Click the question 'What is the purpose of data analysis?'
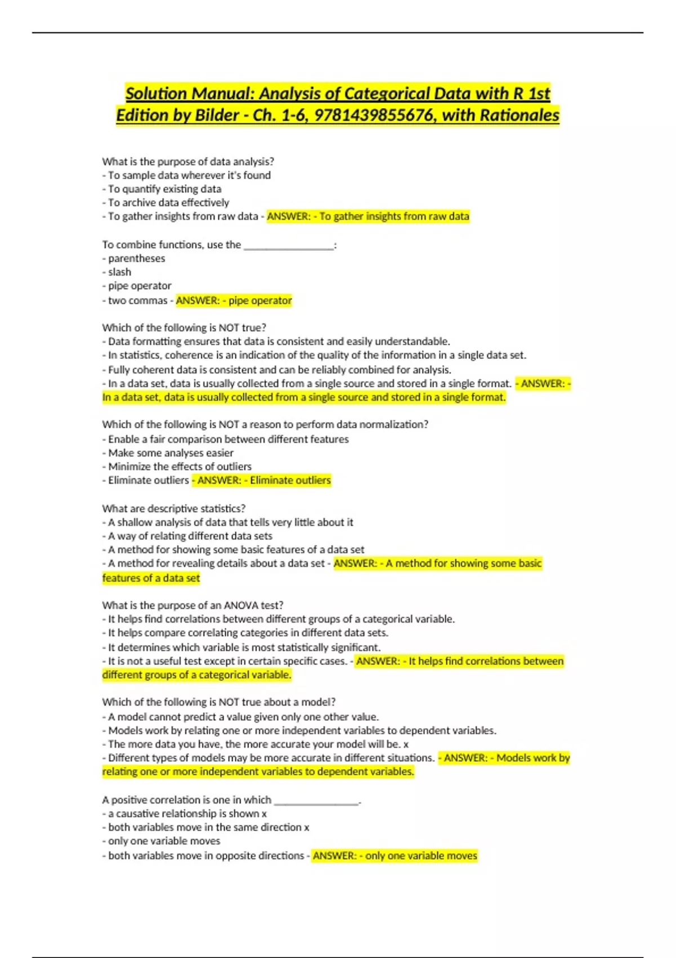tap(188, 161)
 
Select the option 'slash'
tap(119, 272)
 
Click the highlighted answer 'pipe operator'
tap(260, 300)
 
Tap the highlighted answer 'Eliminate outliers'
tap(290, 480)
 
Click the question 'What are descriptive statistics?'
tap(174, 508)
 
